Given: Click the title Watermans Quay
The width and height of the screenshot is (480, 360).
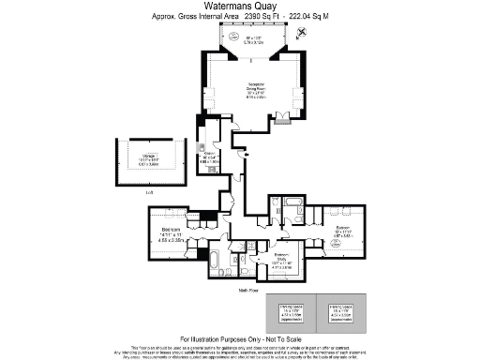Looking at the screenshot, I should click(239, 6).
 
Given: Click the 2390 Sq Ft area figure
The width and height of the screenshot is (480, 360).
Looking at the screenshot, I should click(263, 16).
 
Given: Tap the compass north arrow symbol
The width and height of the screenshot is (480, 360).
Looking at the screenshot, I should click(299, 32).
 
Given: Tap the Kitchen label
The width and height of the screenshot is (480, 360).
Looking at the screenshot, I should click(211, 156).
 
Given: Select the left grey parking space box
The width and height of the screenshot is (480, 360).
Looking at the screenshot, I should click(292, 313).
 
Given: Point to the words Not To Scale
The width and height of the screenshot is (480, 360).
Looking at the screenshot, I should click(278, 338).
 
